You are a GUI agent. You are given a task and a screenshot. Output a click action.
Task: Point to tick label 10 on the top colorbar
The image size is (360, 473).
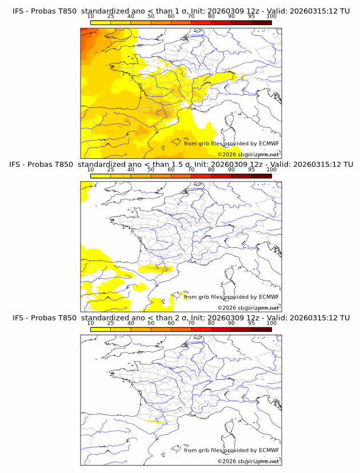[91, 17]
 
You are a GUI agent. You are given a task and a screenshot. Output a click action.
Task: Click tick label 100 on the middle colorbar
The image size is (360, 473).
[271, 170]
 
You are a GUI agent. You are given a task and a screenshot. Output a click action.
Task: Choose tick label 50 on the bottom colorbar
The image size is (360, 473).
[151, 323]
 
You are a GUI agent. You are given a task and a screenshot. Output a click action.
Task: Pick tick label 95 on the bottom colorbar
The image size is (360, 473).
[251, 323]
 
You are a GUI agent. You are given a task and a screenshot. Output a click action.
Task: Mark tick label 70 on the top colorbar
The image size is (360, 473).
[191, 17]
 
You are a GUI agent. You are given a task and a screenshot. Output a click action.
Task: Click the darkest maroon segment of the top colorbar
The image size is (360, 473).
[261, 23]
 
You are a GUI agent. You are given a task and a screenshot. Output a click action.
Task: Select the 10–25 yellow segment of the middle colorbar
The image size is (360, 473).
[101, 176]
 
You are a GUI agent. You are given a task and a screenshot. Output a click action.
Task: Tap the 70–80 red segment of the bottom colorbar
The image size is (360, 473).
[201, 329]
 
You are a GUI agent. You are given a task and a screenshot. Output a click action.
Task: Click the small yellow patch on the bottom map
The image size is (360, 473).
[155, 423]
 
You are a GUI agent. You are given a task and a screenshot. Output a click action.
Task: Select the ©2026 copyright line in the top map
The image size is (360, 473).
[248, 154]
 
